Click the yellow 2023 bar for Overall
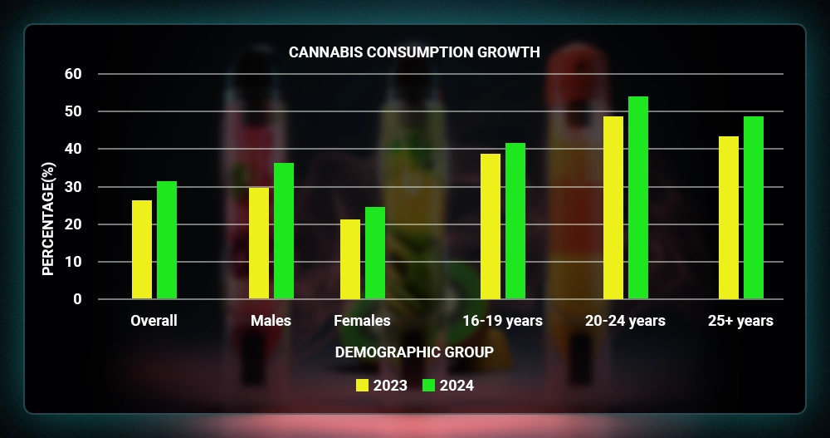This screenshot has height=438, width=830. coord(142,249)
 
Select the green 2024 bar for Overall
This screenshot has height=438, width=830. coord(167,240)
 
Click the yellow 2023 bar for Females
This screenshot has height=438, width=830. coord(350,259)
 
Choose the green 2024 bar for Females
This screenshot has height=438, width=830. coord(375,253)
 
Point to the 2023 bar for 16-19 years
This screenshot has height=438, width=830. coord(491,226)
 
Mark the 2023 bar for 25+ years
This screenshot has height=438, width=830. coord(729,218)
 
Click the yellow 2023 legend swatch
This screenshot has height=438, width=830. coord(362,386)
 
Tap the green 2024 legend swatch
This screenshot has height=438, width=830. coord(429,386)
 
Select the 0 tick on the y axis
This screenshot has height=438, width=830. coord(78,299)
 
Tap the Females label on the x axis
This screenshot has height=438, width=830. coord(362,321)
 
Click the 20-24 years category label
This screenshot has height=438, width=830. coord(625,321)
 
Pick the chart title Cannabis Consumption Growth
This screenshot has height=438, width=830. coord(414,52)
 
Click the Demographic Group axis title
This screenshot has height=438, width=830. coord(414,352)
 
